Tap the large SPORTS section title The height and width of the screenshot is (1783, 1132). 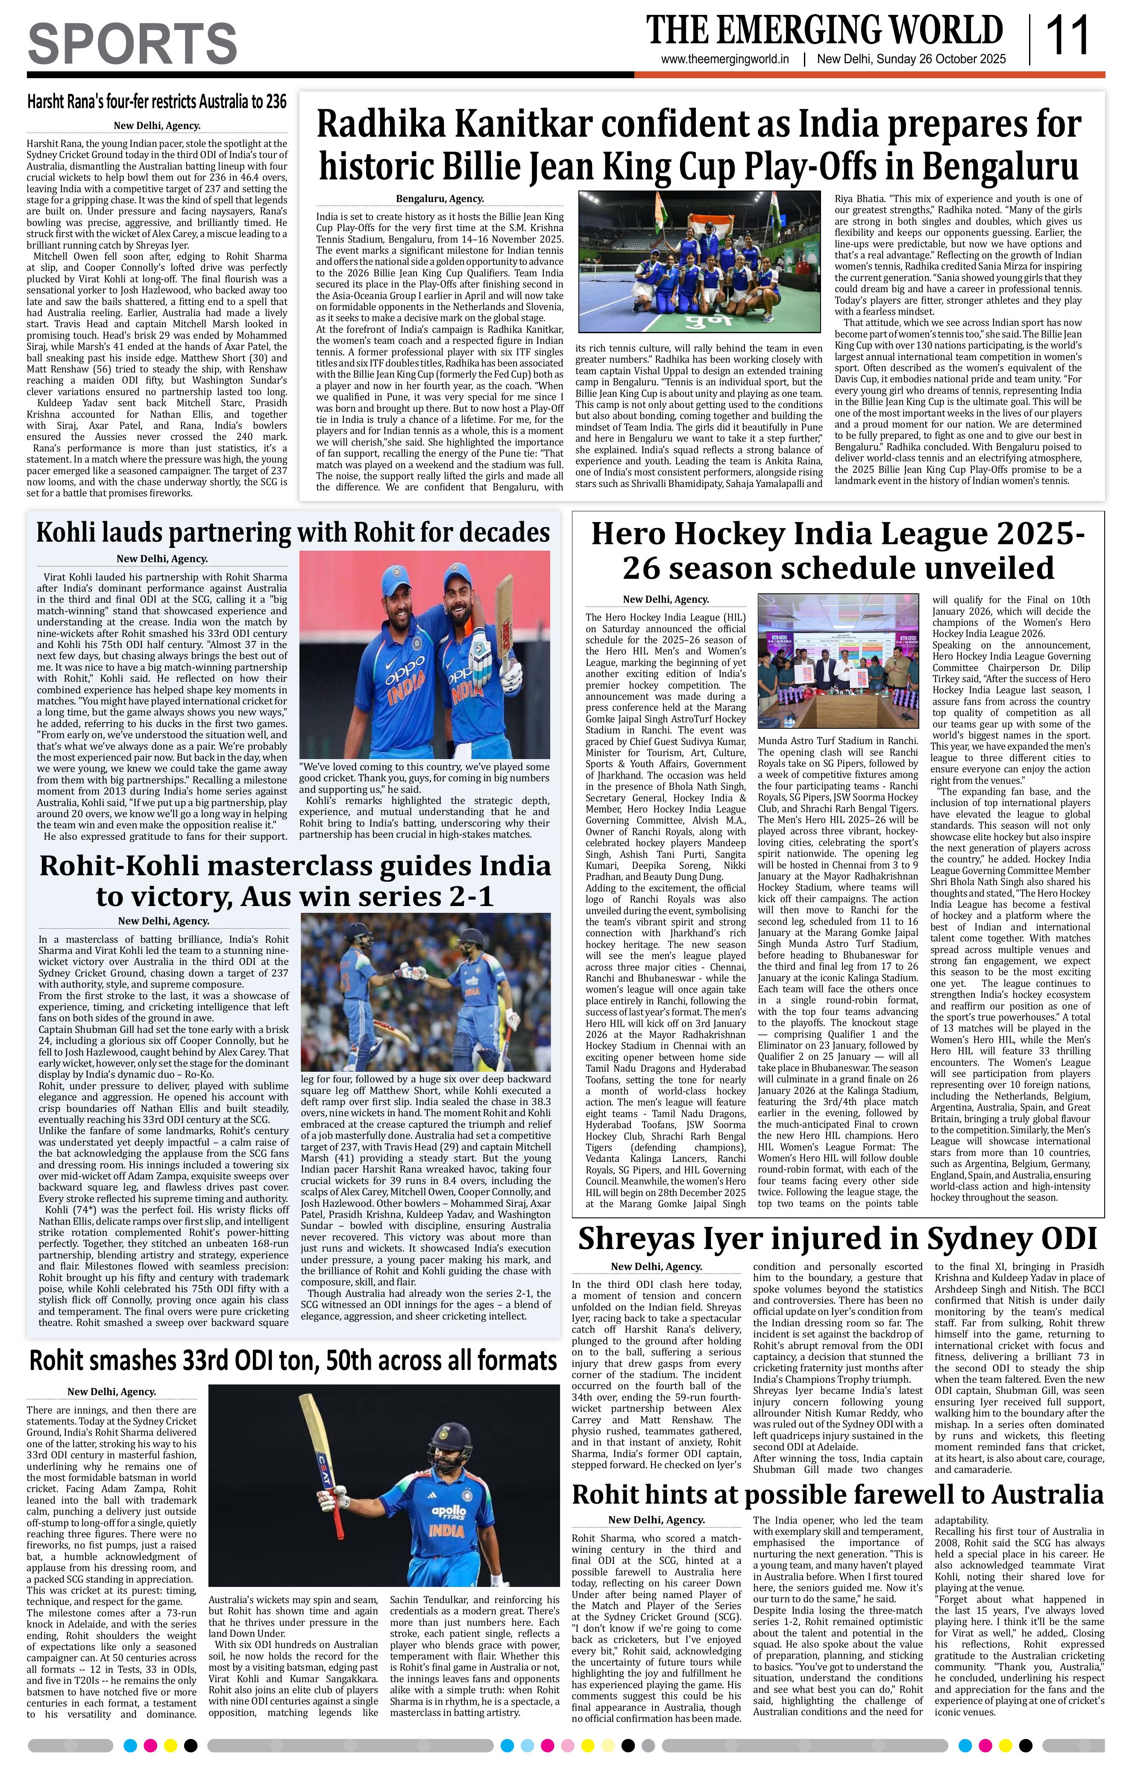tap(132, 43)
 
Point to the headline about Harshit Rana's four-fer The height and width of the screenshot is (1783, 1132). tap(156, 101)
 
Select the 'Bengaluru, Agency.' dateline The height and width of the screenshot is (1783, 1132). tap(440, 199)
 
